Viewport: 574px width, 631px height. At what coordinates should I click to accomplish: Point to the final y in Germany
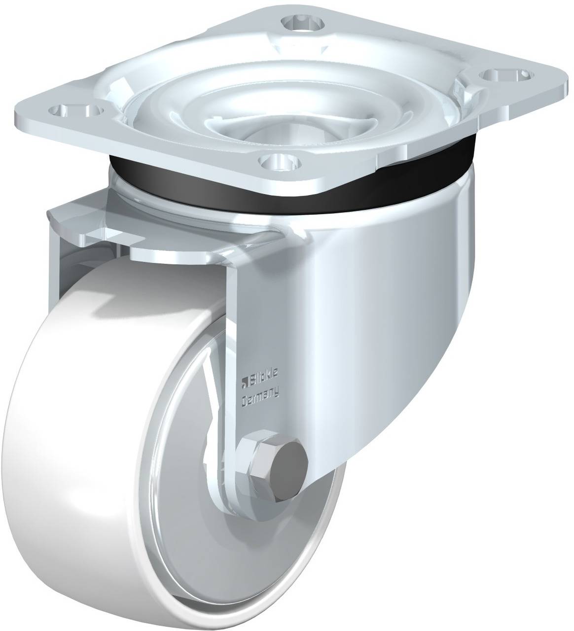[276, 394]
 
